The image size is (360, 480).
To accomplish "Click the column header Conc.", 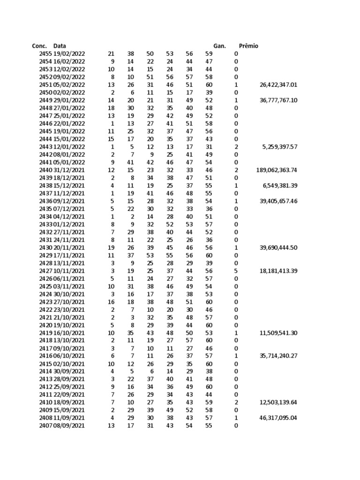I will coord(39,46).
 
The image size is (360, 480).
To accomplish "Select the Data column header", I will coord(60,46).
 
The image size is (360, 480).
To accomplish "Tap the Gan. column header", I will coord(219,46).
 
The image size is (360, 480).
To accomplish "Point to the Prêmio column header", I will coord(248,46).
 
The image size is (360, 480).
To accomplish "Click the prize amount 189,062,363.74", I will coord(277,170).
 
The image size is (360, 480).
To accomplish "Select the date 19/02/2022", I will coord(69,54).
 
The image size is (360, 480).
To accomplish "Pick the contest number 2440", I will coord(45,170).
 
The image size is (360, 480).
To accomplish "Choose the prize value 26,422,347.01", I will coord(278,85).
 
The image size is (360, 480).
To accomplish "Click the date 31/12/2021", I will coord(69,170).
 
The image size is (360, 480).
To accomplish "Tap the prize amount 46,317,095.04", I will coord(278,418).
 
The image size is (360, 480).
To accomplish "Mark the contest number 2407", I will coord(45,426).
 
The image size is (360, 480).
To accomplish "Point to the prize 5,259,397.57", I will coord(280,147).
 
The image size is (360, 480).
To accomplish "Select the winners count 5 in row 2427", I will coord(236,271).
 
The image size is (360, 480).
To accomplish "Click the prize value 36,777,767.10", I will coord(278,100).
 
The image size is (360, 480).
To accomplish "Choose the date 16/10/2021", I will coord(69,333).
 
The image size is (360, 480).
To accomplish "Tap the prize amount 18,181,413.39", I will coord(278,271).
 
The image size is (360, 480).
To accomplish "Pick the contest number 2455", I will coord(45,54).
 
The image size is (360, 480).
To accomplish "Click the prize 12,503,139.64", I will coord(278,403).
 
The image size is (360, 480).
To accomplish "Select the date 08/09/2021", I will coord(69,426).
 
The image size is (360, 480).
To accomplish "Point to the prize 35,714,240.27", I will coord(278,356).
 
